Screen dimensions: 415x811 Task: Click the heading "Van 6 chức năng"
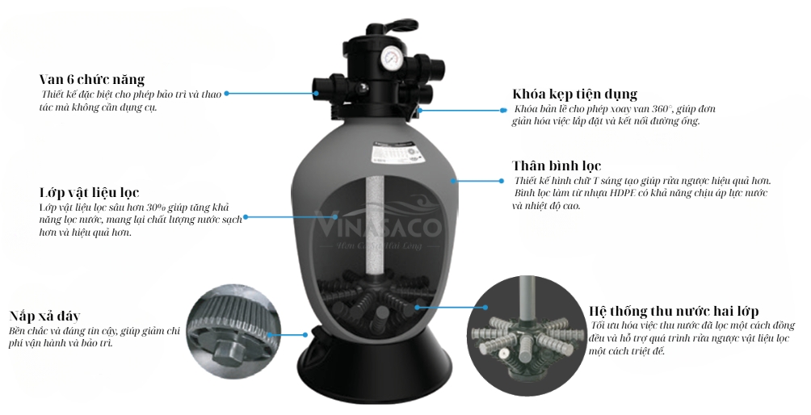point(91,79)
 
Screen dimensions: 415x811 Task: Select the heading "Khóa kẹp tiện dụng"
point(574,94)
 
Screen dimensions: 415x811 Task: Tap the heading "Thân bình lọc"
point(557,166)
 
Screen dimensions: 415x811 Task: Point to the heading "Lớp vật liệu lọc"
point(89,193)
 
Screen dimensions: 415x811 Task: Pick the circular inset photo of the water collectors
point(524,334)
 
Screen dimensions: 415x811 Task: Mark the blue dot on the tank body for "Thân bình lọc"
point(454,181)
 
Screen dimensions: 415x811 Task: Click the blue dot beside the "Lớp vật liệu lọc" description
point(246,216)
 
